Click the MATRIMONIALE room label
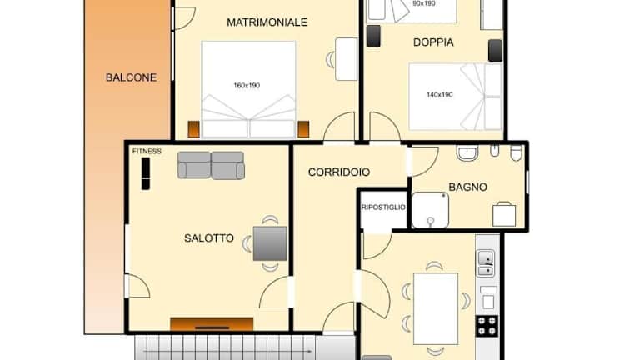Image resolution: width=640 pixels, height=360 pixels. pyautogui.click(x=267, y=22)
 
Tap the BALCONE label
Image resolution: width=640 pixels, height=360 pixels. pyautogui.click(x=131, y=77)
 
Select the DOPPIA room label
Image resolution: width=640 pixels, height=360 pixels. pyautogui.click(x=433, y=42)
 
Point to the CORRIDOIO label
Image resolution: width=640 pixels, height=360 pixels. pyautogui.click(x=339, y=172)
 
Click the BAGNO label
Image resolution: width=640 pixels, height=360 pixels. pyautogui.click(x=467, y=187)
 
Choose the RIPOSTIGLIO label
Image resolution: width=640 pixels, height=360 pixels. pyautogui.click(x=383, y=207)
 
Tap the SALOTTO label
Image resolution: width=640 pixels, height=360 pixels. pyautogui.click(x=209, y=238)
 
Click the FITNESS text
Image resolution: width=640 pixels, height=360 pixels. pyautogui.click(x=147, y=152)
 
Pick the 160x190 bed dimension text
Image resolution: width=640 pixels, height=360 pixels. pyautogui.click(x=247, y=85)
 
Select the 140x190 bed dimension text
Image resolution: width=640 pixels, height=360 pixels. pyautogui.click(x=440, y=95)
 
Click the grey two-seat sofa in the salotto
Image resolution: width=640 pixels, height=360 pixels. pyautogui.click(x=211, y=165)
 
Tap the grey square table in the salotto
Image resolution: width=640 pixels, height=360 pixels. pyautogui.click(x=270, y=243)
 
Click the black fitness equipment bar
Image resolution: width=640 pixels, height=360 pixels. pyautogui.click(x=145, y=174)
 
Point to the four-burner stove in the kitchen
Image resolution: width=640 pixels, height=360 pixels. pyautogui.click(x=487, y=326)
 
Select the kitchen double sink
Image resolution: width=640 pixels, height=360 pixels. pyautogui.click(x=486, y=263)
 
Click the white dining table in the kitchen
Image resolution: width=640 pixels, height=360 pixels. pyautogui.click(x=436, y=308)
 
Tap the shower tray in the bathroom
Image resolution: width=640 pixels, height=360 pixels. pyautogui.click(x=430, y=210)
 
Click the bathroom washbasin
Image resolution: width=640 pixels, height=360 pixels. pyautogui.click(x=467, y=153)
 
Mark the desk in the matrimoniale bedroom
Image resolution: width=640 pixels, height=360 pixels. pyautogui.click(x=346, y=59)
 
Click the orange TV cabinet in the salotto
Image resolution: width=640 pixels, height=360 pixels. pyautogui.click(x=212, y=323)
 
